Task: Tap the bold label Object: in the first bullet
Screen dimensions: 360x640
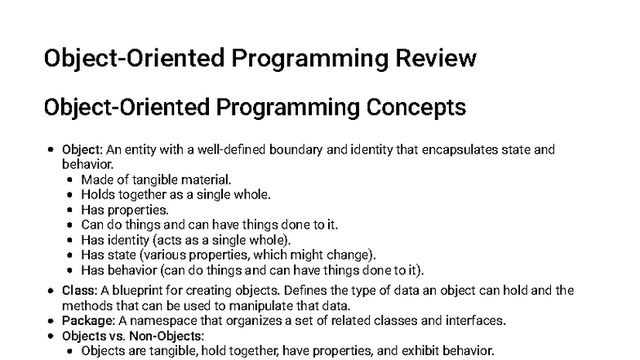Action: [x=82, y=150]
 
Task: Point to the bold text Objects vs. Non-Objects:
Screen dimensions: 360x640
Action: [x=122, y=336]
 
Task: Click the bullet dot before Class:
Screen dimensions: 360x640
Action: [x=52, y=291]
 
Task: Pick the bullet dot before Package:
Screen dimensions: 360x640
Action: [x=52, y=321]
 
